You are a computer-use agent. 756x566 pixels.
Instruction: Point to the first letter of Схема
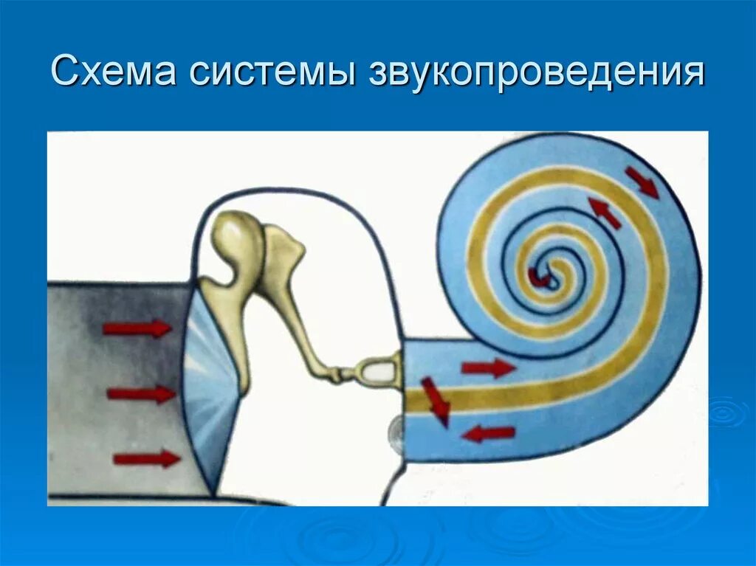coord(64,75)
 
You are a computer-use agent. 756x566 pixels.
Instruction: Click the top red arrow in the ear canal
coord(137,328)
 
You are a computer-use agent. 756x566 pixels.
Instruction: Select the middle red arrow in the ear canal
coord(141,394)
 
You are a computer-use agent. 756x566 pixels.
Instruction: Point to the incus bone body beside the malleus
coord(283,251)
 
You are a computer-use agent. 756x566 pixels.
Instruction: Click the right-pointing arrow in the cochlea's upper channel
coord(487,367)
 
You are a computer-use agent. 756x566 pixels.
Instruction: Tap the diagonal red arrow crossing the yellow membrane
coord(436,401)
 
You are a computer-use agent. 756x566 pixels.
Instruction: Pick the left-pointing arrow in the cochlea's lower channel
coord(488,433)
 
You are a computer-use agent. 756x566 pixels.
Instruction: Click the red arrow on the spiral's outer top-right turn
coord(642,182)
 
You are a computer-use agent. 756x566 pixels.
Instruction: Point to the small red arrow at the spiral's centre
coord(536,277)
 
